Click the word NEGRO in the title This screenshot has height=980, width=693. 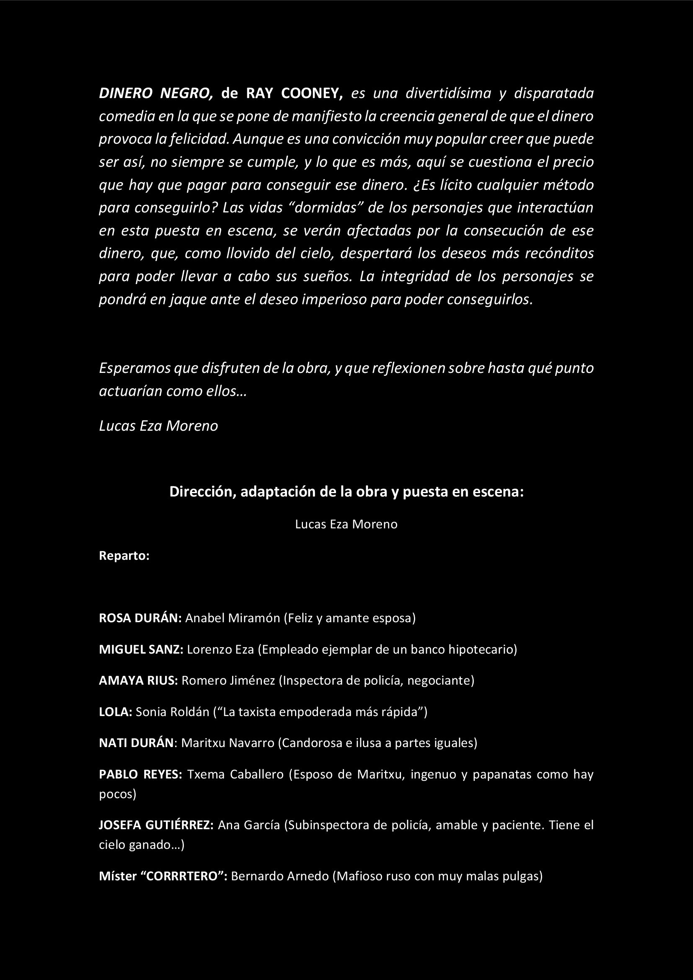(186, 93)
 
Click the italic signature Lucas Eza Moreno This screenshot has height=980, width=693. (158, 426)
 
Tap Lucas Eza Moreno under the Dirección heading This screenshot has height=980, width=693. (346, 524)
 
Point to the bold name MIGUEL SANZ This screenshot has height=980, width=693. (141, 650)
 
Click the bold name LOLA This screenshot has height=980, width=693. (116, 712)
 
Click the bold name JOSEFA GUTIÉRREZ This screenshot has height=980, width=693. (156, 825)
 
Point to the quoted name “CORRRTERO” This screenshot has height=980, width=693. (188, 876)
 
